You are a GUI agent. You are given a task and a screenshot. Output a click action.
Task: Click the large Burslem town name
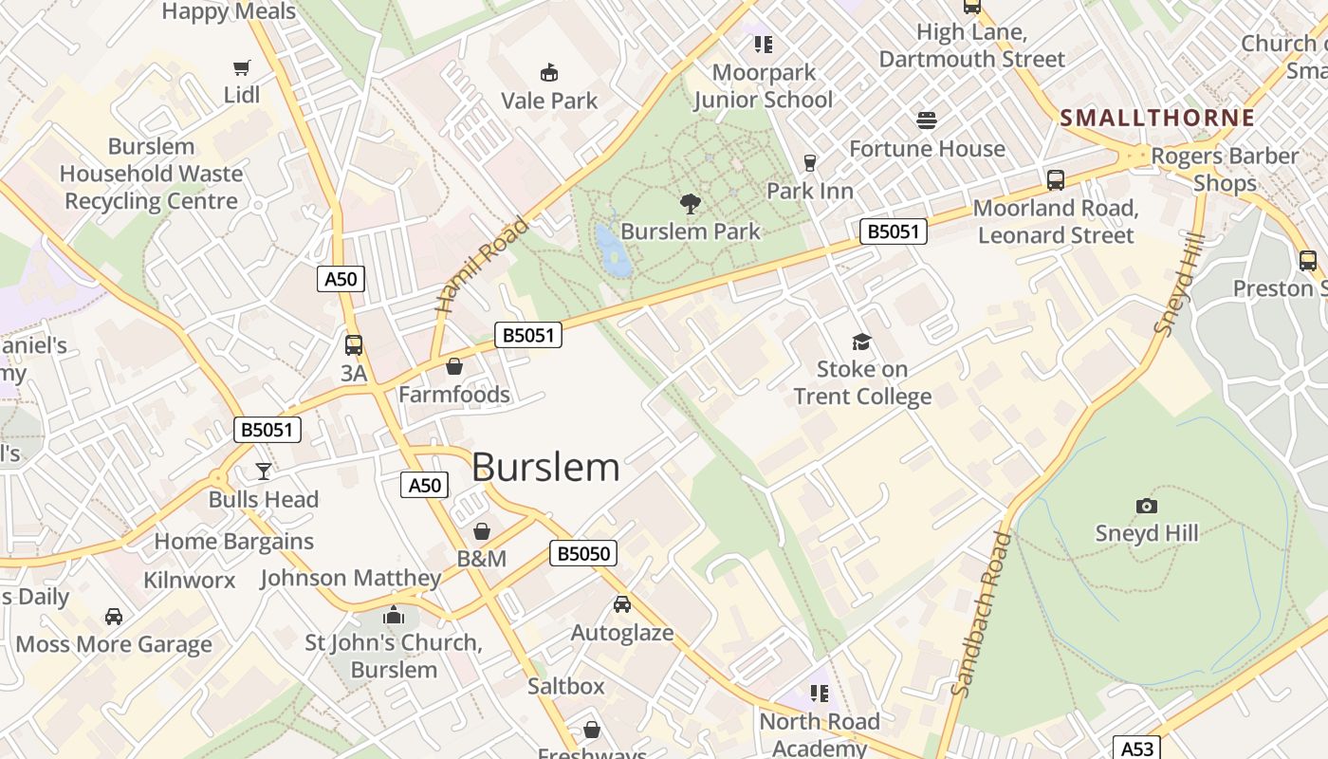(x=545, y=467)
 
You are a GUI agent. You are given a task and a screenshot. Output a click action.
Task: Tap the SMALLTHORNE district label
(x=1157, y=119)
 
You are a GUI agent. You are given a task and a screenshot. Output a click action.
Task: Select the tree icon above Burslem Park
(x=691, y=203)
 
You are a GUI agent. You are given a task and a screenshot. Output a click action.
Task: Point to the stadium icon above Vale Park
(x=548, y=72)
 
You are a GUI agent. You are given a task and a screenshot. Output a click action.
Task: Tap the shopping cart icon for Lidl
(x=242, y=67)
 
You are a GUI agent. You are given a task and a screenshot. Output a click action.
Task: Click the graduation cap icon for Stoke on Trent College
(x=861, y=342)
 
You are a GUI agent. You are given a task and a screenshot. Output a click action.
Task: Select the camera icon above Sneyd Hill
(x=1146, y=506)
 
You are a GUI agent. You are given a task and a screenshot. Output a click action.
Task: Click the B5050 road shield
(x=582, y=554)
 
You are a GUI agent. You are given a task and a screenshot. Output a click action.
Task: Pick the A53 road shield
(x=1135, y=749)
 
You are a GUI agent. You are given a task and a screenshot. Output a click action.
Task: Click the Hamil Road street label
(x=482, y=266)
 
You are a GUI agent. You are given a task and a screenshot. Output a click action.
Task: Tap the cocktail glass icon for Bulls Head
(x=264, y=472)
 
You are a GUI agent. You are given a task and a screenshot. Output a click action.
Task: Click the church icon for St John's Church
(x=394, y=616)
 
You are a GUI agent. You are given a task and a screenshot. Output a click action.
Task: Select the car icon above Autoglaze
(x=622, y=604)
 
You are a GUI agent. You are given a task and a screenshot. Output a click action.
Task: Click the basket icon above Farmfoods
(x=454, y=366)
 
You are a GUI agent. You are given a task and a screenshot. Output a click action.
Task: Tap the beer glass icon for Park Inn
(x=810, y=163)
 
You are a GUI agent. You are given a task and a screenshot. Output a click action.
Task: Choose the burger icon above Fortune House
(x=927, y=120)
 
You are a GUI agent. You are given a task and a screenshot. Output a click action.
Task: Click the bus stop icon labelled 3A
(x=354, y=345)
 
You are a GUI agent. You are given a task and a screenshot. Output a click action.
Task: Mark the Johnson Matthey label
(x=351, y=578)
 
